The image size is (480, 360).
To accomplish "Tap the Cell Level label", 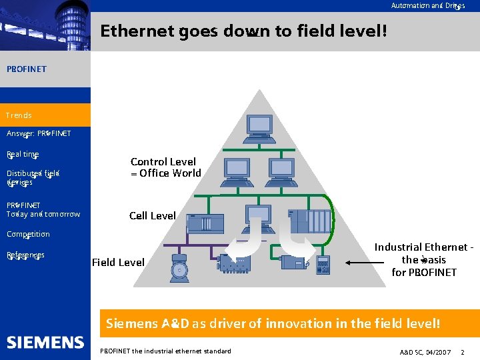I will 153,215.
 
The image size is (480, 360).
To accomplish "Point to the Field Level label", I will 118,262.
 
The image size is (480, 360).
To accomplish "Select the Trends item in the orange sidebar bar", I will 19,115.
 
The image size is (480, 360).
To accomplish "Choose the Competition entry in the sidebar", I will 28,234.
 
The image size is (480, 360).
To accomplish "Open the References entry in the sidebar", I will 25,255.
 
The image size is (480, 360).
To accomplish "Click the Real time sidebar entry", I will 23,154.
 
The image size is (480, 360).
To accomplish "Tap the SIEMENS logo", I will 45,342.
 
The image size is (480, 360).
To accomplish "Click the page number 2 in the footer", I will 463,351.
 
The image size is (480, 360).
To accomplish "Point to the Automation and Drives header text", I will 427,5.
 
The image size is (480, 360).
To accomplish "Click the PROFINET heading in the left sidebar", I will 27,69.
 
